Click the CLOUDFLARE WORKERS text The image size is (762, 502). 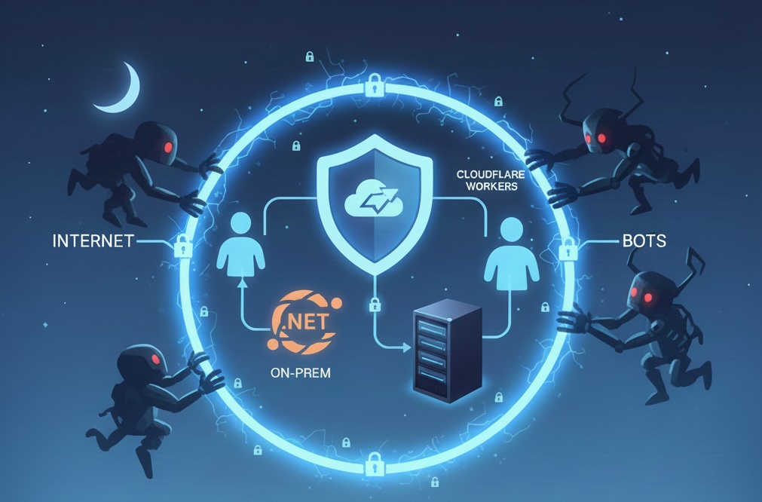click(x=487, y=180)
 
